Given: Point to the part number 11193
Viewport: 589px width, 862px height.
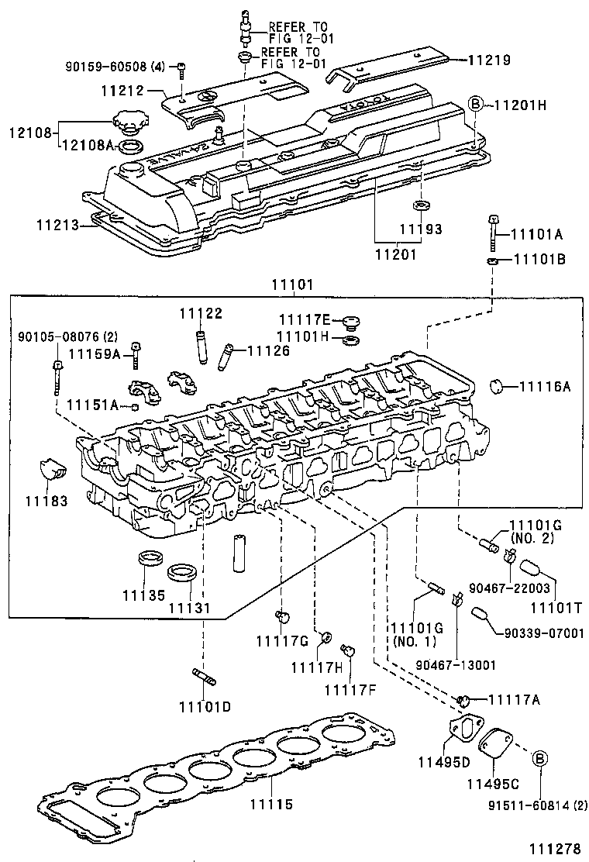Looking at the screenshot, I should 421,229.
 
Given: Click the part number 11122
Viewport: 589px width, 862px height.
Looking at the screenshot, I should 201,313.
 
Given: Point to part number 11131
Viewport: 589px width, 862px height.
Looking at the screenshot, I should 189,609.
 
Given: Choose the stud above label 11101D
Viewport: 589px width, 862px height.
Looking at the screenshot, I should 204,678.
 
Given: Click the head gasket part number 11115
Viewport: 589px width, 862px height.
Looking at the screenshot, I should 271,805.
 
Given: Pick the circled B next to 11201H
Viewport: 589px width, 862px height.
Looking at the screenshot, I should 477,104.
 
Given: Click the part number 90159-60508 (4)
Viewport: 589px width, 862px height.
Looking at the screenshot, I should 115,67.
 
